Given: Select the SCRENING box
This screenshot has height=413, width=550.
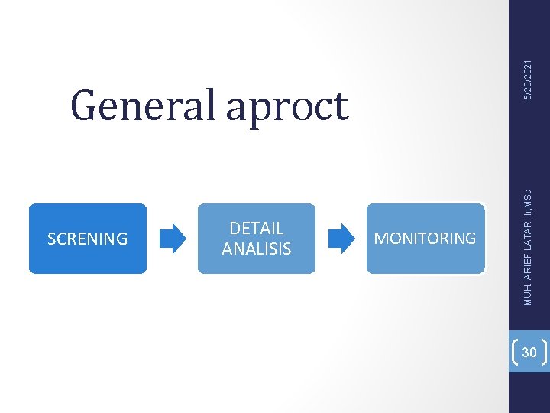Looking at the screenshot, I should tap(87, 238).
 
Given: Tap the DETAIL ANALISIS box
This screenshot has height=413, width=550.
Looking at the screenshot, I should tap(256, 238).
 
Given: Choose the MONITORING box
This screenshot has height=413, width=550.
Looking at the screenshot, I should tap(425, 238).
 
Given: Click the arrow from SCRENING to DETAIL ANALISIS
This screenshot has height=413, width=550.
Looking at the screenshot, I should tap(173, 238).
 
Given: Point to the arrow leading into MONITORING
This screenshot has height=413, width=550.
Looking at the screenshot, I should tap(341, 238).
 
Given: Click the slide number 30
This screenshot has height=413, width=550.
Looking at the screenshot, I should tap(529, 352).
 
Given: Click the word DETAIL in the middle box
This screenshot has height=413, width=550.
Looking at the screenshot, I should tap(256, 228).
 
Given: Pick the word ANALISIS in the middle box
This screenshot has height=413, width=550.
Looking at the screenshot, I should tap(256, 249).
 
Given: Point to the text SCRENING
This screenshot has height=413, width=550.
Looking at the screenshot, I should tap(87, 239).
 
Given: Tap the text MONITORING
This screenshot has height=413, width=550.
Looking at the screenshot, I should tap(425, 239).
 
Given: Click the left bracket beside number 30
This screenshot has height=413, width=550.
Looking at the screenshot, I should tap(514, 352).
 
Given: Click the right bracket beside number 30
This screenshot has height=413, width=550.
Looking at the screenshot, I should tap(544, 352).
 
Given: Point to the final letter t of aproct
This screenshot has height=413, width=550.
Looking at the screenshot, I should tap(340, 107).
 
